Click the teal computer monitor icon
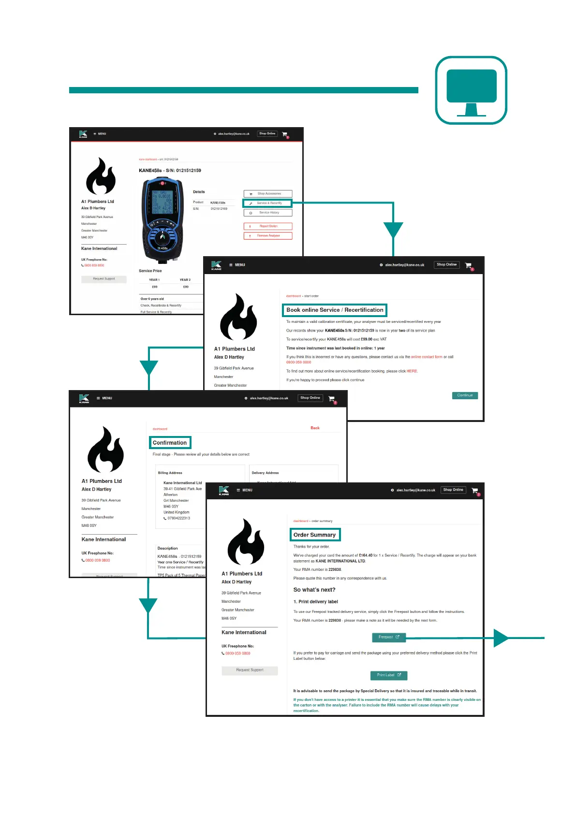click(x=471, y=90)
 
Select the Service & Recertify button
click(x=267, y=203)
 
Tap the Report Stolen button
click(x=268, y=226)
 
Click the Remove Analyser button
click(x=268, y=236)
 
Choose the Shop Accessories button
click(x=268, y=193)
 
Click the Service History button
click(x=268, y=213)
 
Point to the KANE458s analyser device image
click(x=162, y=218)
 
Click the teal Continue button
click(x=465, y=395)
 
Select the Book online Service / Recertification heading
click(x=335, y=310)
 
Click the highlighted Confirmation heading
click(x=170, y=443)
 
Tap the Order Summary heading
click(x=315, y=535)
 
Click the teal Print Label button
click(x=389, y=675)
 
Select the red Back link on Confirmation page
click(x=315, y=428)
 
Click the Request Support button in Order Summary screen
click(x=250, y=670)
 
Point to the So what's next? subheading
click(x=314, y=590)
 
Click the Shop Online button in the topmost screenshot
click(x=267, y=134)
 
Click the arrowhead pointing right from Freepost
click(x=501, y=638)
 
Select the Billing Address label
click(x=170, y=473)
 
